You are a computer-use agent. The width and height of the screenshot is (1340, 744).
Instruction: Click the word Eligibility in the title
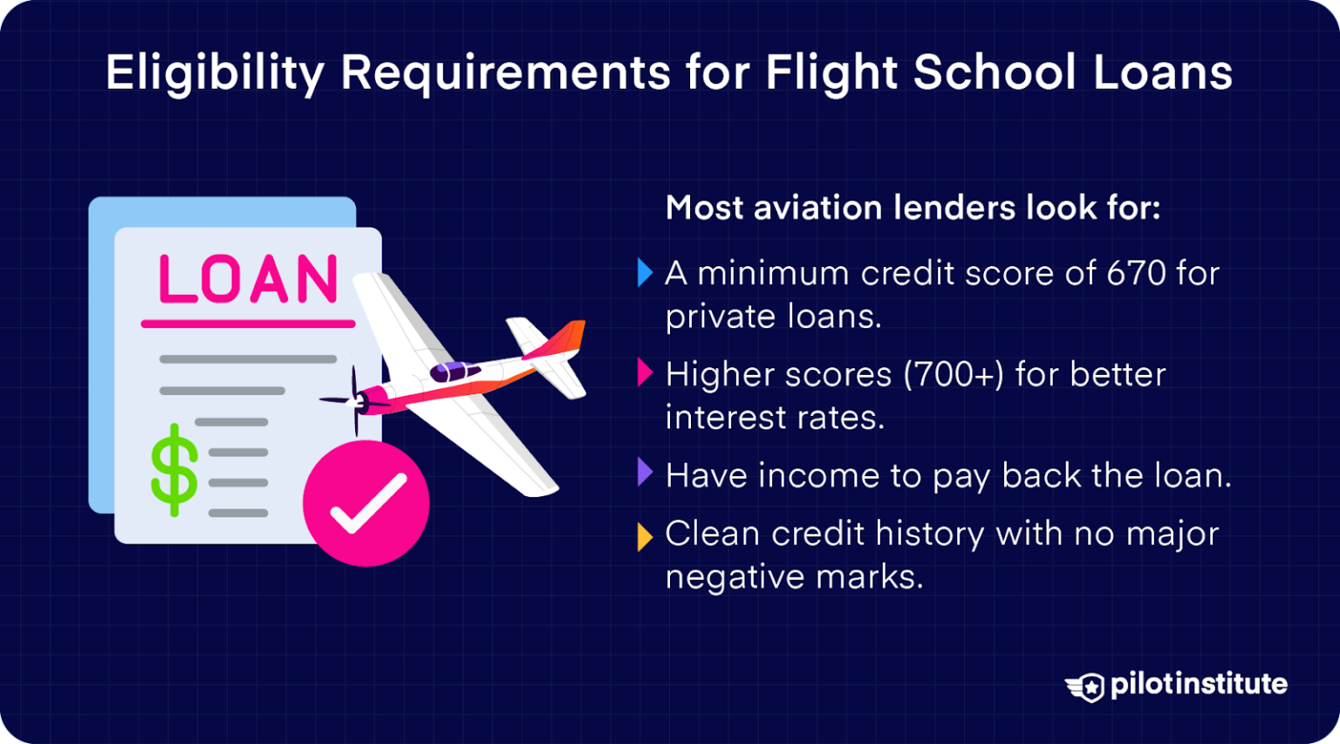[215, 73]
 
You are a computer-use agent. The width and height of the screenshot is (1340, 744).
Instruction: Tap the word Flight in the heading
[831, 73]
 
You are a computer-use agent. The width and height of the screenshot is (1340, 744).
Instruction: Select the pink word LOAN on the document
[249, 280]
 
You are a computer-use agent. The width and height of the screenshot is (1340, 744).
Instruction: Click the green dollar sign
[174, 469]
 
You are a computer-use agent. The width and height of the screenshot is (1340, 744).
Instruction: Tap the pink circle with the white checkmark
[366, 503]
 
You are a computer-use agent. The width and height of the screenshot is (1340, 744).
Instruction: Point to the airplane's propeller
[354, 401]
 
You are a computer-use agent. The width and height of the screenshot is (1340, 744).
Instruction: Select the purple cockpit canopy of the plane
[455, 372]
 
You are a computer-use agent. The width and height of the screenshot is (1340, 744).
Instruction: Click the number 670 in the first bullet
[1136, 274]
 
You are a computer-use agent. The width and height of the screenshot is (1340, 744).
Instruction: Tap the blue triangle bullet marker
[645, 273]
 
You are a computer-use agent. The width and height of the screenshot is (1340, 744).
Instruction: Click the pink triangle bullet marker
[645, 373]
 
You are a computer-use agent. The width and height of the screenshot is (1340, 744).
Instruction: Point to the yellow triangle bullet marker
[645, 536]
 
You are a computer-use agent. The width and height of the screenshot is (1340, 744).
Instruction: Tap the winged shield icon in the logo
[1085, 686]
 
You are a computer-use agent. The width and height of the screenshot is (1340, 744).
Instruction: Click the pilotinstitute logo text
[1199, 685]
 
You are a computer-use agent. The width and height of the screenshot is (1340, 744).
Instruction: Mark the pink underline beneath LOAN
[249, 324]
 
